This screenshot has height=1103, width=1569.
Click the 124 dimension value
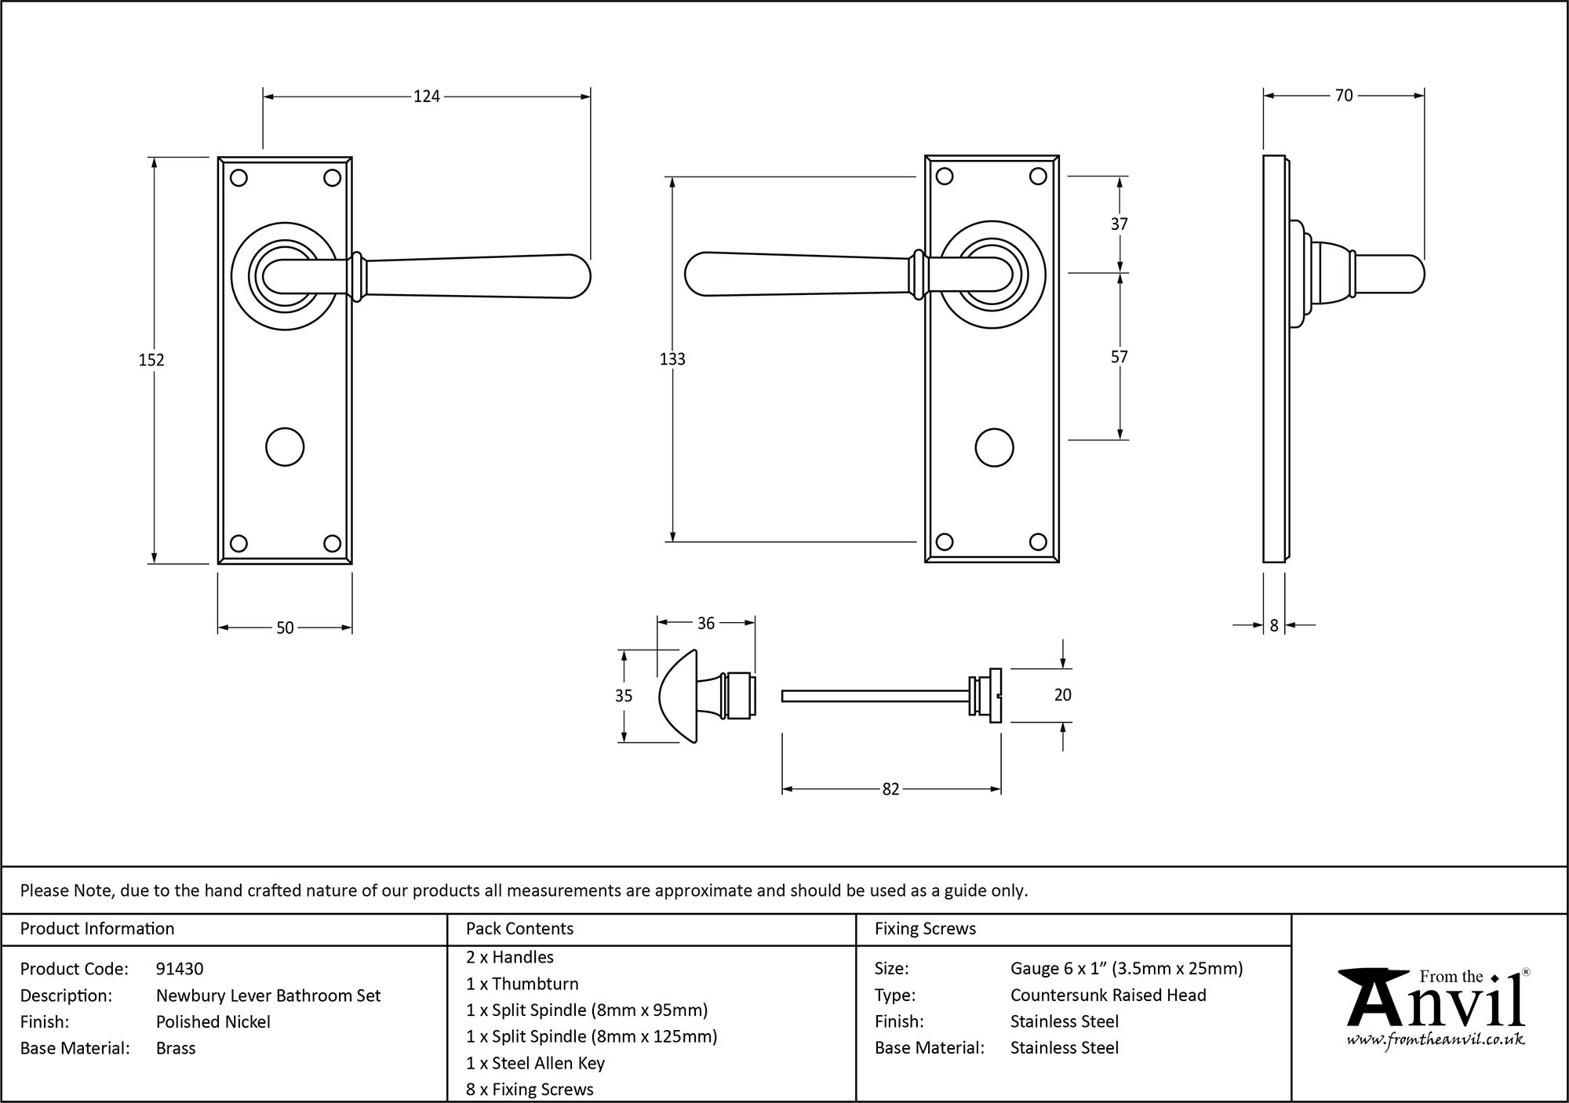pyautogui.click(x=427, y=96)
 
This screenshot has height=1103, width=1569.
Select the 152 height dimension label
pyautogui.click(x=151, y=360)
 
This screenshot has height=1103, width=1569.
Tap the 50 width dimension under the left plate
pyautogui.click(x=285, y=628)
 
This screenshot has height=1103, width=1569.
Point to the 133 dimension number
pyautogui.click(x=672, y=359)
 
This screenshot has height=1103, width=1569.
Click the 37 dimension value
pyautogui.click(x=1119, y=224)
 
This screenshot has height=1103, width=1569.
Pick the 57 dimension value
pyautogui.click(x=1119, y=357)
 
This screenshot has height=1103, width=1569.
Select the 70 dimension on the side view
pyautogui.click(x=1343, y=96)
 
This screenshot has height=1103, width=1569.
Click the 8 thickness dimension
pyautogui.click(x=1274, y=625)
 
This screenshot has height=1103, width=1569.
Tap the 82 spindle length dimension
pyautogui.click(x=890, y=789)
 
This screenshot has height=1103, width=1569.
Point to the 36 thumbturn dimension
pyautogui.click(x=705, y=623)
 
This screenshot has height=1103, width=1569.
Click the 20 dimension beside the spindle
pyautogui.click(x=1062, y=695)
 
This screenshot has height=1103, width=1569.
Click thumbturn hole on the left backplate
pyautogui.click(x=285, y=447)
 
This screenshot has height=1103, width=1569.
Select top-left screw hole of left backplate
pyautogui.click(x=239, y=178)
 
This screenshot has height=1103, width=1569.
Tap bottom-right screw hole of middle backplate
pyautogui.click(x=1038, y=541)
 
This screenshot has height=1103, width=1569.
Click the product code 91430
pyautogui.click(x=180, y=969)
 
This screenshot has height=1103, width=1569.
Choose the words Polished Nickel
pyautogui.click(x=213, y=1021)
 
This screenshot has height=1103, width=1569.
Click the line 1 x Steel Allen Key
pyautogui.click(x=535, y=1063)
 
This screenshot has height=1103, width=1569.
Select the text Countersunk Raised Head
pyautogui.click(x=1108, y=995)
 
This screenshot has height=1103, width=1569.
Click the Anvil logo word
pyautogui.click(x=1435, y=1007)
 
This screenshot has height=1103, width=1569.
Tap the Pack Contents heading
pyautogui.click(x=519, y=929)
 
